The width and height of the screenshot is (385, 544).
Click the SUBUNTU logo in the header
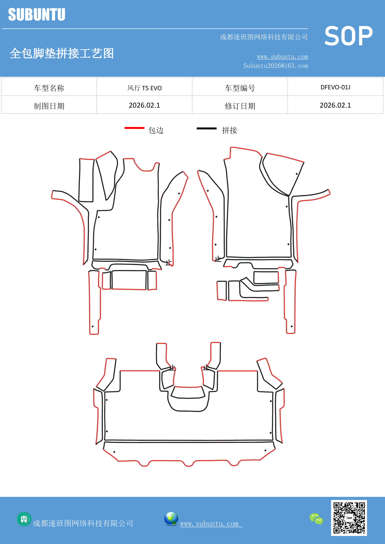coord(37,15)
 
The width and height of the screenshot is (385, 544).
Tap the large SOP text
coord(348,36)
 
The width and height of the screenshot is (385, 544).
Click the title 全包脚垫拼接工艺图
coord(62,53)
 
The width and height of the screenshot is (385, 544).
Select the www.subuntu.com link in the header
coord(282,57)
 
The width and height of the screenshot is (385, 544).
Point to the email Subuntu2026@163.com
coord(275,66)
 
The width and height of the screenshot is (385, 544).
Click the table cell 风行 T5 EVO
coord(144,88)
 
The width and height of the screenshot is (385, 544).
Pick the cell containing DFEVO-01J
coord(335,87)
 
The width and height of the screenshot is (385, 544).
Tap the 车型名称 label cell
coord(49,88)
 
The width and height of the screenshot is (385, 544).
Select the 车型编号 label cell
coord(240,88)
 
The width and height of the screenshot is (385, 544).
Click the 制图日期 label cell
coord(49,106)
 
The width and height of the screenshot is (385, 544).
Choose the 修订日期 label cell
coord(240,106)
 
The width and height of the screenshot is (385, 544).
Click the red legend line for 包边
coord(134,128)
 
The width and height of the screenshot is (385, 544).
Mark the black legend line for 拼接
coord(207,128)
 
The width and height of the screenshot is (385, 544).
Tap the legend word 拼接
coord(230,130)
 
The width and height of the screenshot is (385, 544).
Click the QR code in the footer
coord(349,518)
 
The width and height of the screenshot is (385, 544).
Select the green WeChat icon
coord(316,519)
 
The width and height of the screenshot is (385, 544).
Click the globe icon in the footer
coord(171,519)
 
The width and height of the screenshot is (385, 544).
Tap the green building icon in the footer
coord(24,519)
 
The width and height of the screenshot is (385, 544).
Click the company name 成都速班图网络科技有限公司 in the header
coord(264,37)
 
